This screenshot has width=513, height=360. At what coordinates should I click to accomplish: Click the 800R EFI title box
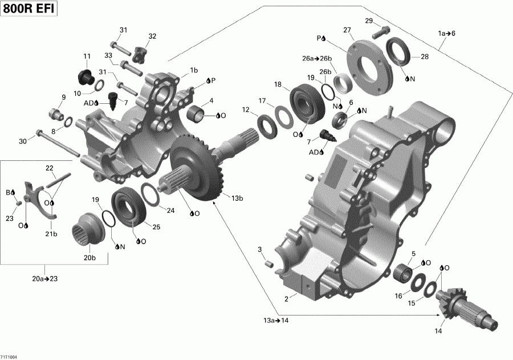point(29,10)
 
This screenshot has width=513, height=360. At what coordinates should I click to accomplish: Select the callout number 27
point(347,30)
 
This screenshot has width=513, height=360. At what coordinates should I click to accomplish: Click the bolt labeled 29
point(380,33)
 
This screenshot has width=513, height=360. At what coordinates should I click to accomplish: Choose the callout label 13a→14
point(276,321)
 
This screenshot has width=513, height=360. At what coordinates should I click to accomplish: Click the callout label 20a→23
point(44,278)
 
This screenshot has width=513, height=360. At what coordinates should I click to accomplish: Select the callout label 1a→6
point(446,33)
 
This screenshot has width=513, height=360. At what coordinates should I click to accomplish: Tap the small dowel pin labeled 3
point(270,263)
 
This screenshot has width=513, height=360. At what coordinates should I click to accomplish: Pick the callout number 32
point(152,37)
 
